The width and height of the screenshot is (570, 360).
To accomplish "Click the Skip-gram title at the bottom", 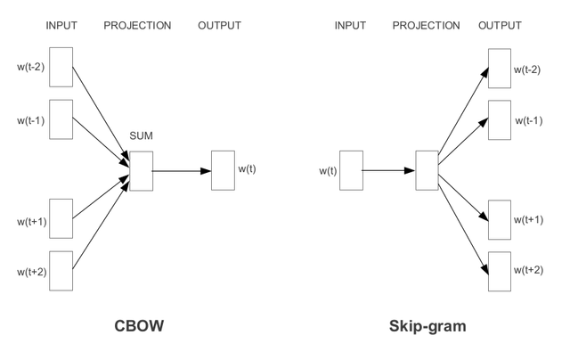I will click(427, 326).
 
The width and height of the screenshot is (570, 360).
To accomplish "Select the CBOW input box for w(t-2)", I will click(61, 66).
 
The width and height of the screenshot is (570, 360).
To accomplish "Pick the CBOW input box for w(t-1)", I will click(61, 119).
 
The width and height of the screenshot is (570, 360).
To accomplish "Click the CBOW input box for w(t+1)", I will click(61, 219).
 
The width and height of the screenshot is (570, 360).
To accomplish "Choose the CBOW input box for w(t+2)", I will click(61, 270).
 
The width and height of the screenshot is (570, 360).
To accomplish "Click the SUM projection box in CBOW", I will click(141, 169).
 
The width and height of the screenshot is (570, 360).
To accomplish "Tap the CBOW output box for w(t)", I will click(222, 169).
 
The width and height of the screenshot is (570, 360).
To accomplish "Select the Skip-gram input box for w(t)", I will click(351, 169).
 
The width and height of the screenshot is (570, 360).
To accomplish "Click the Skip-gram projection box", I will click(427, 169).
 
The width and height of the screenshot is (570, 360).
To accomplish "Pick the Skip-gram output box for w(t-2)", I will click(501, 70).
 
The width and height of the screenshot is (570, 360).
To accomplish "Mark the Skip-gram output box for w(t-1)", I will click(501, 120).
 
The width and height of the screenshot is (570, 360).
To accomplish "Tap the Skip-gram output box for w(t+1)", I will click(501, 219).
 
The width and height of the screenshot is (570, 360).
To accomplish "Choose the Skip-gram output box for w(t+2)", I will click(501, 269).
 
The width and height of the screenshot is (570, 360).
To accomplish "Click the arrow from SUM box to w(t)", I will click(182, 169).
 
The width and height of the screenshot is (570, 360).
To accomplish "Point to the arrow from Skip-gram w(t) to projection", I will click(389, 169).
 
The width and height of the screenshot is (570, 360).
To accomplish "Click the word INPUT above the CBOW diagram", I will click(61, 25).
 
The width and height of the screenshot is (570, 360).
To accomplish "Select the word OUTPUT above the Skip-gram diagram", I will click(501, 25).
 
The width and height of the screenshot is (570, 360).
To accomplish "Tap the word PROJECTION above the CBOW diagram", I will click(137, 25).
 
